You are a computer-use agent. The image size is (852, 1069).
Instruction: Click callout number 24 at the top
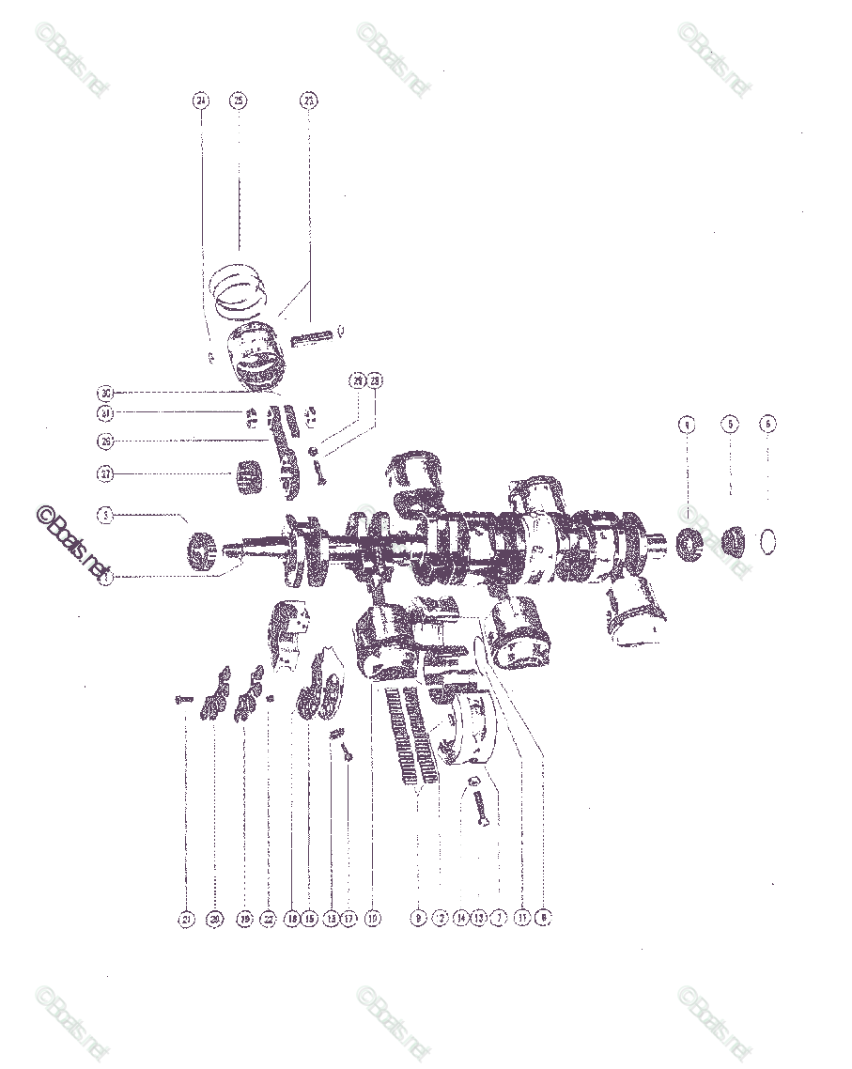point(200,100)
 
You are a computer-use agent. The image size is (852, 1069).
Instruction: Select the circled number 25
point(239,100)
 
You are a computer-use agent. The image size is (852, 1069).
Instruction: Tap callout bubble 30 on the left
point(105,393)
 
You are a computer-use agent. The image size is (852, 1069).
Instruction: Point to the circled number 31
point(105,413)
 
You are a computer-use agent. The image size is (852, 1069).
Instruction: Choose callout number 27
point(105,474)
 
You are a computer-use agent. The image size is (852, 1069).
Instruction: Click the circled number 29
point(357,380)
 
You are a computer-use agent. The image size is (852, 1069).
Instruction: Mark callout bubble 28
point(375,380)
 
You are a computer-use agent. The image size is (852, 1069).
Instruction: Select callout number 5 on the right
point(730,424)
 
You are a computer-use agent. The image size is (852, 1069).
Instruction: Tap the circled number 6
point(768,424)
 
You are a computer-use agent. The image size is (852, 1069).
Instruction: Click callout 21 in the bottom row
point(185,919)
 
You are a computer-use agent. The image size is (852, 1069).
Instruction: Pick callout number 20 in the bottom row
point(215,919)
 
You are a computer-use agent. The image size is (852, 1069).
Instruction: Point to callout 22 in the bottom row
point(269,919)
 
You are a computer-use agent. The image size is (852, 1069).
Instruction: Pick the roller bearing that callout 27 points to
point(250,474)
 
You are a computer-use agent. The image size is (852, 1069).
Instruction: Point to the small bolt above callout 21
point(183,700)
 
